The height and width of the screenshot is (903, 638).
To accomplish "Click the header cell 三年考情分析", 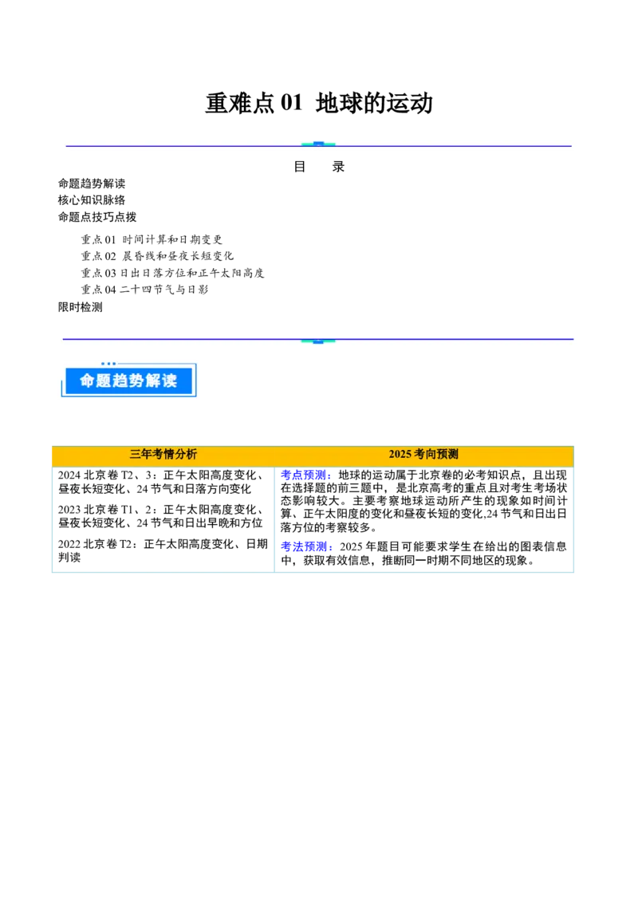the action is [163, 454].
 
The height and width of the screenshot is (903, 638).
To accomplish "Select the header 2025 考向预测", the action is [423, 454].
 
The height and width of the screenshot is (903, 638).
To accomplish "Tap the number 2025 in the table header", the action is [400, 454].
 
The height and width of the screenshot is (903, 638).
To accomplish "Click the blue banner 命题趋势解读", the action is [128, 381].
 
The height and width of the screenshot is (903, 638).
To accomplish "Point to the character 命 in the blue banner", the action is [88, 381].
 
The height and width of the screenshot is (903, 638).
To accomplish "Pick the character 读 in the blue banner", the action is [182, 381].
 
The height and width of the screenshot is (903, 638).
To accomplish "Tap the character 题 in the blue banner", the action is [108, 381].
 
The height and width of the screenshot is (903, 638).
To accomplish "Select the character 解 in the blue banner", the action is [164, 381].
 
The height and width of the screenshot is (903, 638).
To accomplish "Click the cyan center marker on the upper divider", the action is [318, 144].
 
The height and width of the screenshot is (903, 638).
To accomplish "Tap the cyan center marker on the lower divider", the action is [318, 341].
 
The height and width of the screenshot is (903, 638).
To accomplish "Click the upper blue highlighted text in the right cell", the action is [305, 476].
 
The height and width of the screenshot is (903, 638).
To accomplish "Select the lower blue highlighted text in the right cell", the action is [305, 546].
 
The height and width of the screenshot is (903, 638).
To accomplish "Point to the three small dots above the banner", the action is [108, 364].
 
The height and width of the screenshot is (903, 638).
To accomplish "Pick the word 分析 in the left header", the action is [186, 454].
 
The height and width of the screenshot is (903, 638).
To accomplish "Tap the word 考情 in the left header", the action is [163, 454].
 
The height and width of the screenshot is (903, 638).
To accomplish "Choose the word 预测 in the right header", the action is [448, 454].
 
